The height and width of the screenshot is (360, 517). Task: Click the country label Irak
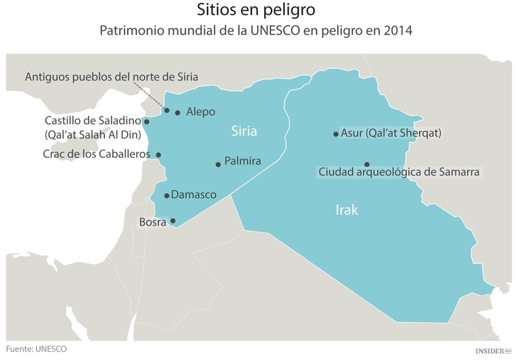346,210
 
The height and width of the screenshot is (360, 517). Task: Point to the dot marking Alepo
178,112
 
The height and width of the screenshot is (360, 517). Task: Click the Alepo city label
201,112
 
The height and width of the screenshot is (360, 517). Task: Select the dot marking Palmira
218,164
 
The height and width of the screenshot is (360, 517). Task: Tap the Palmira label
243,161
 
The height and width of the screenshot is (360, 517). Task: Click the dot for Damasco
167,196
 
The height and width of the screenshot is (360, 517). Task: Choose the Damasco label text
194,195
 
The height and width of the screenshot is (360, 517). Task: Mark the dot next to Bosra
173,221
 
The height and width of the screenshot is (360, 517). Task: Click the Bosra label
152,222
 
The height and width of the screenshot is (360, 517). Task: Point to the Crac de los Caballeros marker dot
159,155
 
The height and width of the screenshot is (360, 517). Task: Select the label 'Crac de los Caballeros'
96,154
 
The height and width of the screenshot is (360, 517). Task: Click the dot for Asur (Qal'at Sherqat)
336,134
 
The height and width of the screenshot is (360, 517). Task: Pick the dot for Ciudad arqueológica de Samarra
367,164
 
